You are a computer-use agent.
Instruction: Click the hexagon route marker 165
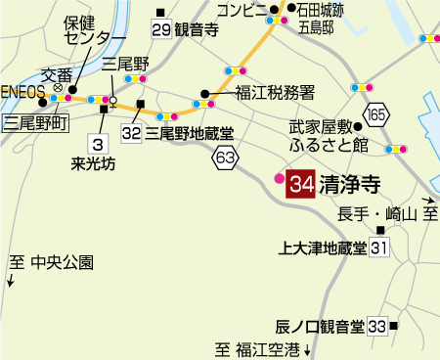[378, 116]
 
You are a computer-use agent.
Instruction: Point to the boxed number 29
[161, 29]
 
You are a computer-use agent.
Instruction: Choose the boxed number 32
[133, 130]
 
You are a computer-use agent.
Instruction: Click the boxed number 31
[379, 248]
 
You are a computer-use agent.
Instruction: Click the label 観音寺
[199, 29]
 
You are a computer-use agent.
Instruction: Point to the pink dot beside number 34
[279, 179]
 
